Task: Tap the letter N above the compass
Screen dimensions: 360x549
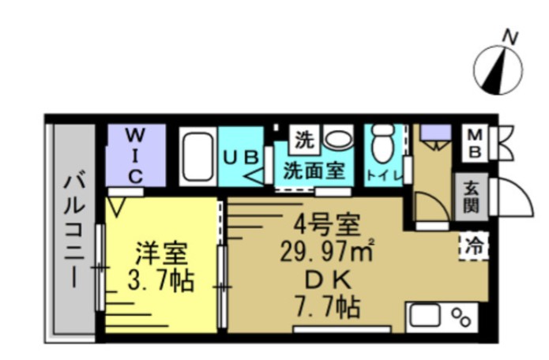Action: [511, 36]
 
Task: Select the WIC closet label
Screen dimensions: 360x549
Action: [136, 153]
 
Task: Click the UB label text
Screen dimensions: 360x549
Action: [240, 157]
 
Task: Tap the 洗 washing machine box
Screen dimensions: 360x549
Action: [303, 141]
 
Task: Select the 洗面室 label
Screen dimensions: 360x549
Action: [314, 171]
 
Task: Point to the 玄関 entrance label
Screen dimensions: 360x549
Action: [472, 197]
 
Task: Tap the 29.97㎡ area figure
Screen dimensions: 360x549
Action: [326, 253]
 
